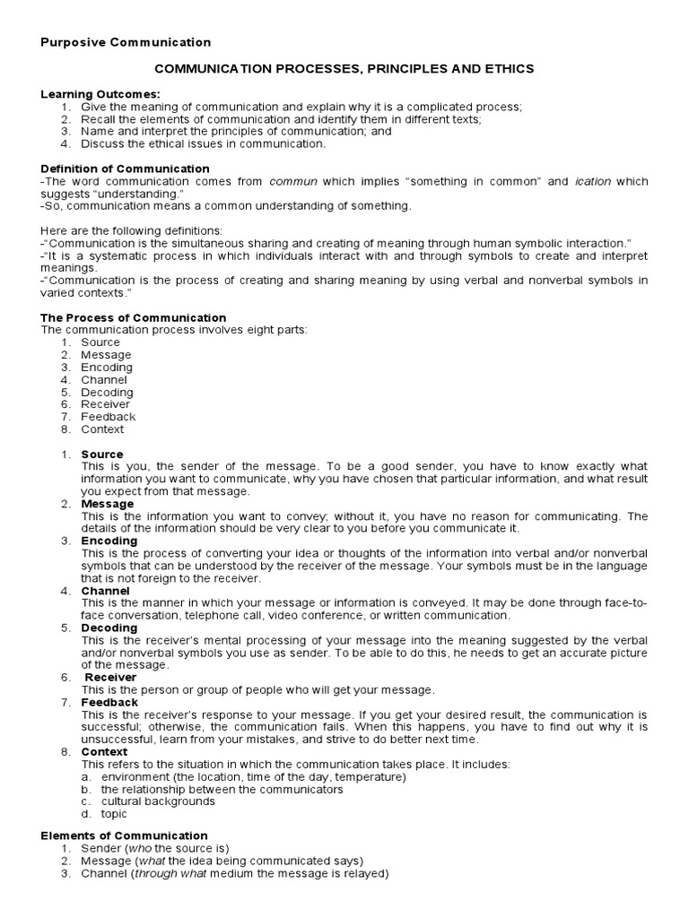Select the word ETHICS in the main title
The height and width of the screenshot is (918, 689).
(x=509, y=68)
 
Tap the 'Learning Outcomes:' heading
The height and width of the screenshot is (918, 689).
(x=100, y=94)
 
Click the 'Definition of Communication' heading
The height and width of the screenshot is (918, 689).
(x=126, y=169)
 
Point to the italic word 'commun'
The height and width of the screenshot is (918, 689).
(x=294, y=181)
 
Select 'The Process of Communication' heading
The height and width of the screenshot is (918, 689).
(x=134, y=317)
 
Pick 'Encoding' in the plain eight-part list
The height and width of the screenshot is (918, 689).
(x=106, y=368)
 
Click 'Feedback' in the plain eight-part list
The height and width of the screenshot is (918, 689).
(x=108, y=417)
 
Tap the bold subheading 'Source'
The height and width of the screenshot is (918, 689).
(x=102, y=455)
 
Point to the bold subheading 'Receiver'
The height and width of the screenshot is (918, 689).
(x=110, y=677)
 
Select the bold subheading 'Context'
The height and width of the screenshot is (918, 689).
(x=104, y=751)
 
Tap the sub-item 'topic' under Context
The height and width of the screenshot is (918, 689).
(x=114, y=814)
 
